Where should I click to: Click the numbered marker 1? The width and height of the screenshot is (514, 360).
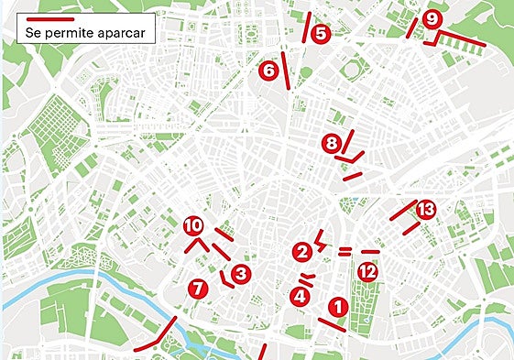click(336, 307)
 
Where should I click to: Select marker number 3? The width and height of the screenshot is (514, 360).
click(240, 273)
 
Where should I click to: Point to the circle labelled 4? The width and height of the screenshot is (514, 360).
click(299, 296)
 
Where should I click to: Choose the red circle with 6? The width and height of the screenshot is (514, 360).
click(268, 70)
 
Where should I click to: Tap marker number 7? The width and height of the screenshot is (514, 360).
click(196, 289)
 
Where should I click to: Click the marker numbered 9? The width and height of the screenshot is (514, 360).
click(432, 18)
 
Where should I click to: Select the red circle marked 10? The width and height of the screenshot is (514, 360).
click(192, 225)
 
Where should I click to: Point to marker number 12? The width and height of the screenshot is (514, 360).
click(367, 271)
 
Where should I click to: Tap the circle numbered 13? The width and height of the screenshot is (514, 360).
click(425, 210)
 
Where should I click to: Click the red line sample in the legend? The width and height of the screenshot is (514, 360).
click(50, 18)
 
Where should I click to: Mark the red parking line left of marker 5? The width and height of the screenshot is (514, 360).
click(307, 27)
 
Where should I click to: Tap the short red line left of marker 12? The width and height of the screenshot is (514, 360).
click(344, 251)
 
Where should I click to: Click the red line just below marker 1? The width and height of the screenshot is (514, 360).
click(331, 324)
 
